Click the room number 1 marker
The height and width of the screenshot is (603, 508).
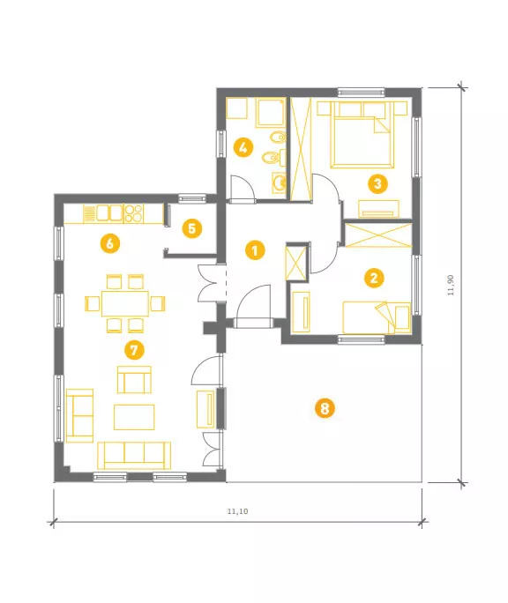255,250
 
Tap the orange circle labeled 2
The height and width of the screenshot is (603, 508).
374,278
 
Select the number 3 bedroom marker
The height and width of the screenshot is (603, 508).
377,183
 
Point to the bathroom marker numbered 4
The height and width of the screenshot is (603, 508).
243,147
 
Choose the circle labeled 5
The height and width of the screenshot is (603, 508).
191,228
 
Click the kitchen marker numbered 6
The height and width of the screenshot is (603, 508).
110,243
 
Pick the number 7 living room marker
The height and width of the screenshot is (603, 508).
134,350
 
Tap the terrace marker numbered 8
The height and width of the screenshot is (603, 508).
325,408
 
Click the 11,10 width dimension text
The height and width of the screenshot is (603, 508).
237,511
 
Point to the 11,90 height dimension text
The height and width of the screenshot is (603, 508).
451,285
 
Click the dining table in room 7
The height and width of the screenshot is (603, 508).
125,303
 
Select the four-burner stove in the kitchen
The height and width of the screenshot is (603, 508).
133,213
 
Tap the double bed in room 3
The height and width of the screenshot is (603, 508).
362,135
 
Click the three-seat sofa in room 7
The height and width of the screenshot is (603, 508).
134,455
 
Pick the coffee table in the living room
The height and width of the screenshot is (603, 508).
134,417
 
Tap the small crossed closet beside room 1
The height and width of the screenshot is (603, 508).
295,264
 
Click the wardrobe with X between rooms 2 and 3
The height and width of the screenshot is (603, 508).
378,234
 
